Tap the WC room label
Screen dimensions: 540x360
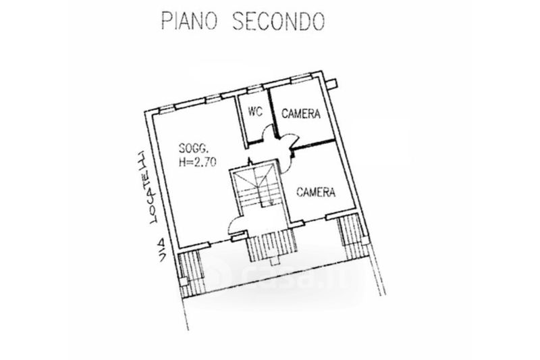click(x=255, y=113)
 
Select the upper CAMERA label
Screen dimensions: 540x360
click(x=301, y=113)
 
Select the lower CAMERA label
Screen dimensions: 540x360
click(x=317, y=192)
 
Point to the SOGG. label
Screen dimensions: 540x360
click(x=192, y=149)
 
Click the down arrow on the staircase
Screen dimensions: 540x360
click(x=270, y=201)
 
